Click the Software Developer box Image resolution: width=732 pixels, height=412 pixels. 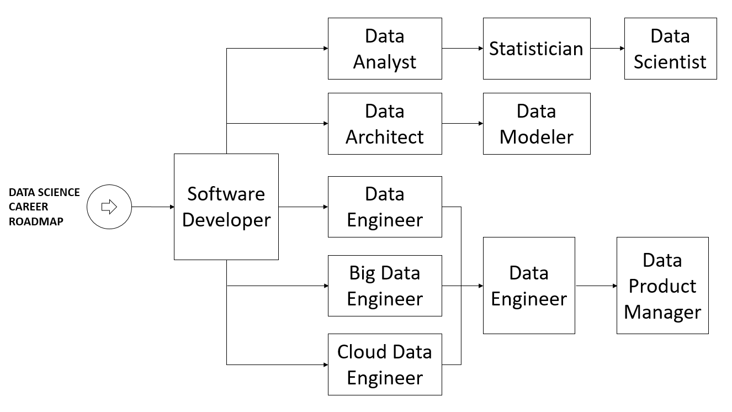(226, 207)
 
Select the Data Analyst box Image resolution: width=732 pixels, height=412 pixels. (385, 49)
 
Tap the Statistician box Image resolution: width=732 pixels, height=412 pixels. (536, 49)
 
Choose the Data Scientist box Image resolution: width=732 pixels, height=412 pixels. (670, 49)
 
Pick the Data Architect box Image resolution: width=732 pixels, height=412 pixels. (385, 124)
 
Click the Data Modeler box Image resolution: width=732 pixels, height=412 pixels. (536, 124)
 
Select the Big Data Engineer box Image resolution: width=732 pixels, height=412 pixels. (385, 286)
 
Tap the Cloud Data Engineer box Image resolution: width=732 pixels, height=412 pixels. (385, 365)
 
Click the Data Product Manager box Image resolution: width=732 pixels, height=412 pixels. (662, 286)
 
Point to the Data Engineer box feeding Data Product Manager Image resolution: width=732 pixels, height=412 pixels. (529, 286)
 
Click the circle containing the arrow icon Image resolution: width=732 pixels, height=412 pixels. (109, 207)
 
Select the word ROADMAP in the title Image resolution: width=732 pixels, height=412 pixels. (36, 221)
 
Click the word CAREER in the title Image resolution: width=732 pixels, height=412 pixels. (28, 207)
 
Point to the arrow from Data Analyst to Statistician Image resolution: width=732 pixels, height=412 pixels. (462, 49)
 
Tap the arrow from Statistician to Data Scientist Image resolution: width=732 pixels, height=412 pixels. (607, 49)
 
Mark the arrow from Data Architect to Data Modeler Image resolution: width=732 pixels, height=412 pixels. (462, 124)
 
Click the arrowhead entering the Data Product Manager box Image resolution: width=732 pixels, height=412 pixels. (614, 286)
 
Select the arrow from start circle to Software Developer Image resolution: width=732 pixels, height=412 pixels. (152, 207)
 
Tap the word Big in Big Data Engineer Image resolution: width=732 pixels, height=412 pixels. (359, 273)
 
